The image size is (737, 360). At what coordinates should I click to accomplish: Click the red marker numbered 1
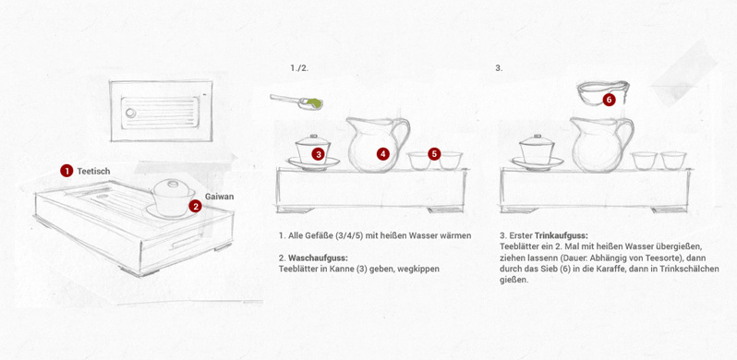coord(66,171)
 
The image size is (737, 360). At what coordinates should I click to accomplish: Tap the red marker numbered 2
coord(196,205)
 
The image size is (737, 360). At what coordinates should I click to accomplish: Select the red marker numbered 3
coord(319,153)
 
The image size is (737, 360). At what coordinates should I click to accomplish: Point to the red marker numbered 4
coord(383,153)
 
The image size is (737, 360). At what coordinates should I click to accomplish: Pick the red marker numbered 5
coord(434,153)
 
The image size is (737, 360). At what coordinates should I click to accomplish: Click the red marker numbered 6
coord(610,100)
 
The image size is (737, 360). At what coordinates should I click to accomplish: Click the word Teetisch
coord(93,171)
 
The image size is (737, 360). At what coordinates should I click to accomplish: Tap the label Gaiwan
coord(219,197)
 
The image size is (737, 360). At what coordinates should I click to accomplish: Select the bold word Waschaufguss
coord(318,258)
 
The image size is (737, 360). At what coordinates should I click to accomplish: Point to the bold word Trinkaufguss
coord(562,235)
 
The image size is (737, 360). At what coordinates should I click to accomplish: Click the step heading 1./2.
coord(299,67)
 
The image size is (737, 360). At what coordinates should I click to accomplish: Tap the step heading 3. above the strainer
coord(499,67)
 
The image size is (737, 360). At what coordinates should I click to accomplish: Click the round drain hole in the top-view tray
coord(130,113)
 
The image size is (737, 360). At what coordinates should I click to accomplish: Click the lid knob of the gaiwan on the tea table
coord(173,183)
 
